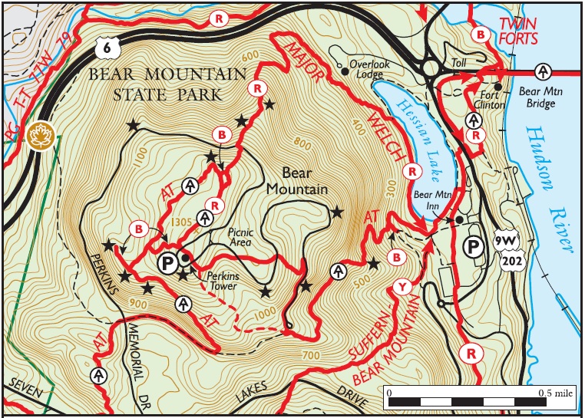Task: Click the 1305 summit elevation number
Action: pyautogui.click(x=182, y=222)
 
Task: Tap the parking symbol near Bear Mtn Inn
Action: pyautogui.click(x=475, y=247)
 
